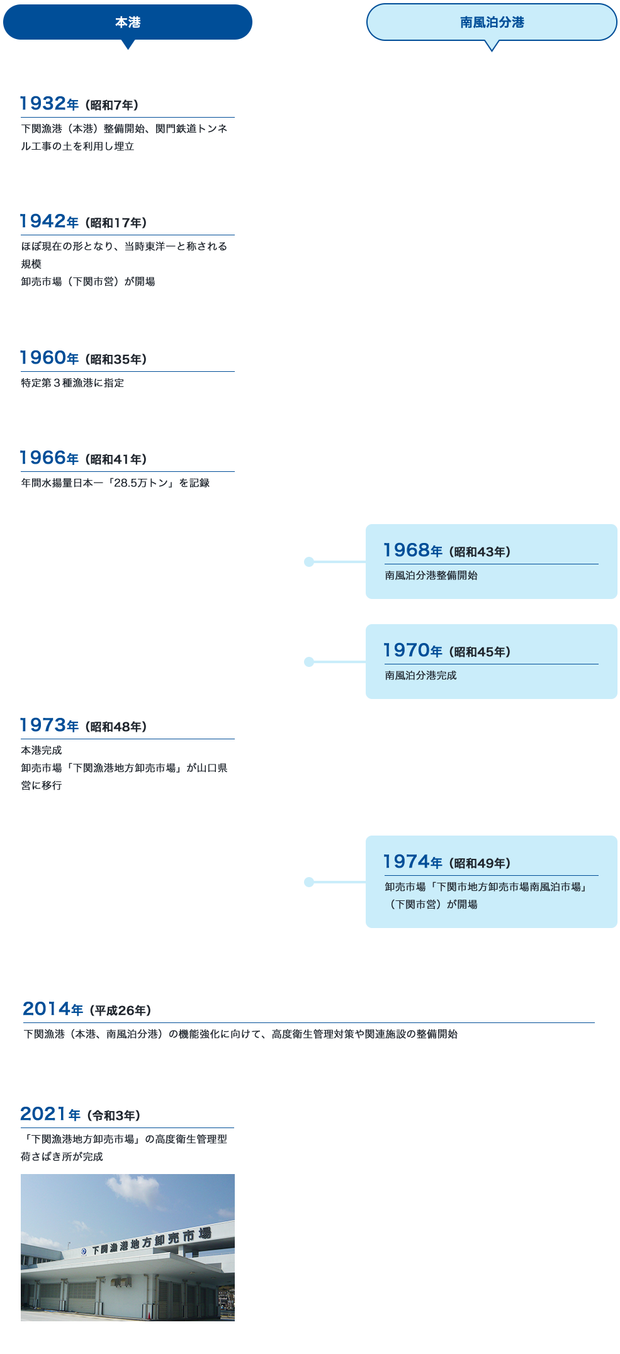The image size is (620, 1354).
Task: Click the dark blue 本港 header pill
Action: pyautogui.click(x=128, y=22)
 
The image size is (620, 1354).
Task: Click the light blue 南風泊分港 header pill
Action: pyautogui.click(x=492, y=22)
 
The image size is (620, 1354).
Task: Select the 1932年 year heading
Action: pyautogui.click(x=49, y=103)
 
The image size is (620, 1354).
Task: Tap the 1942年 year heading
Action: pyautogui.click(x=49, y=221)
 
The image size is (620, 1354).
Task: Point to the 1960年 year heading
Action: pyautogui.click(x=49, y=357)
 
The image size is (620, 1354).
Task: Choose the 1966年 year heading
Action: pyautogui.click(x=49, y=457)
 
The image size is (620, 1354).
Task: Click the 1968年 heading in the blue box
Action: pyautogui.click(x=413, y=550)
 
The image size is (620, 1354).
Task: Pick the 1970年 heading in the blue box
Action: pyautogui.click(x=413, y=650)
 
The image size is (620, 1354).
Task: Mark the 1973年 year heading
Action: pyautogui.click(x=49, y=725)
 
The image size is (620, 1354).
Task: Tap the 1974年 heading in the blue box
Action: pyautogui.click(x=413, y=861)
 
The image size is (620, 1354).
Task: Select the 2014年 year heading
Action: pyautogui.click(x=53, y=1009)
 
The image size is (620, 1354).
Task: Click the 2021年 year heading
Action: pyautogui.click(x=50, y=1114)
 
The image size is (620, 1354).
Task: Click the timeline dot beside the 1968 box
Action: pyautogui.click(x=308, y=562)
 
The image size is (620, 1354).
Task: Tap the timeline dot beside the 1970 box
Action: pyautogui.click(x=308, y=662)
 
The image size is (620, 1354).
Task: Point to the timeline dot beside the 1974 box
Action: pyautogui.click(x=308, y=882)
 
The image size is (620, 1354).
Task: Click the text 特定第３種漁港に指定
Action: pyautogui.click(x=72, y=383)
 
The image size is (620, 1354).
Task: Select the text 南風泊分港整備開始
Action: pyautogui.click(x=431, y=575)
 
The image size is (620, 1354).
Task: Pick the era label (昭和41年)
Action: pyautogui.click(x=116, y=459)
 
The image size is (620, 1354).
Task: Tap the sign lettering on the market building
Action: pyautogui.click(x=151, y=1241)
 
